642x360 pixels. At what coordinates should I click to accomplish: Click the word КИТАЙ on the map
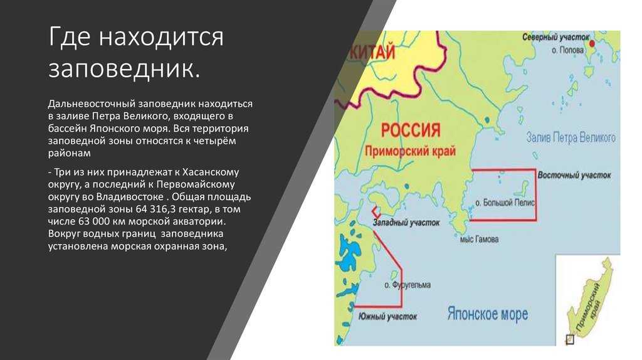click(x=372, y=53)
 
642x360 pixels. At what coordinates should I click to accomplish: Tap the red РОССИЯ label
click(x=411, y=130)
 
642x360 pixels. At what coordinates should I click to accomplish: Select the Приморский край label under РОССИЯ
click(x=410, y=151)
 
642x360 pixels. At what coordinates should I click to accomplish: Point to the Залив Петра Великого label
click(x=571, y=137)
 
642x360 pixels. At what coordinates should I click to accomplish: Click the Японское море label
click(x=487, y=314)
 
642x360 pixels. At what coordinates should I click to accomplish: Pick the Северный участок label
click(x=555, y=37)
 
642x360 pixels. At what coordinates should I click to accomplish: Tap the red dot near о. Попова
click(x=592, y=43)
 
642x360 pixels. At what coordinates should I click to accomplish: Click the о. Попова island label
click(x=567, y=50)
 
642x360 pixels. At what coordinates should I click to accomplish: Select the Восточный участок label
click(x=574, y=175)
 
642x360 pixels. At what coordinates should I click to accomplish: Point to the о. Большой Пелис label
click(x=505, y=203)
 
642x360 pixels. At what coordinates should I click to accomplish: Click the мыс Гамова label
click(x=479, y=239)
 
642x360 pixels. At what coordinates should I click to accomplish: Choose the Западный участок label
click(x=406, y=223)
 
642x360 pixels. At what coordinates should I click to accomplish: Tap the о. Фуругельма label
click(x=408, y=285)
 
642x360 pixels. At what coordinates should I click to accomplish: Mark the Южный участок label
click(x=387, y=317)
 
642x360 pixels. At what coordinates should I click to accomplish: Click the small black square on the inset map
click(x=569, y=339)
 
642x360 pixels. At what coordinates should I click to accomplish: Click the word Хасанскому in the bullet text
click(x=211, y=172)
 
